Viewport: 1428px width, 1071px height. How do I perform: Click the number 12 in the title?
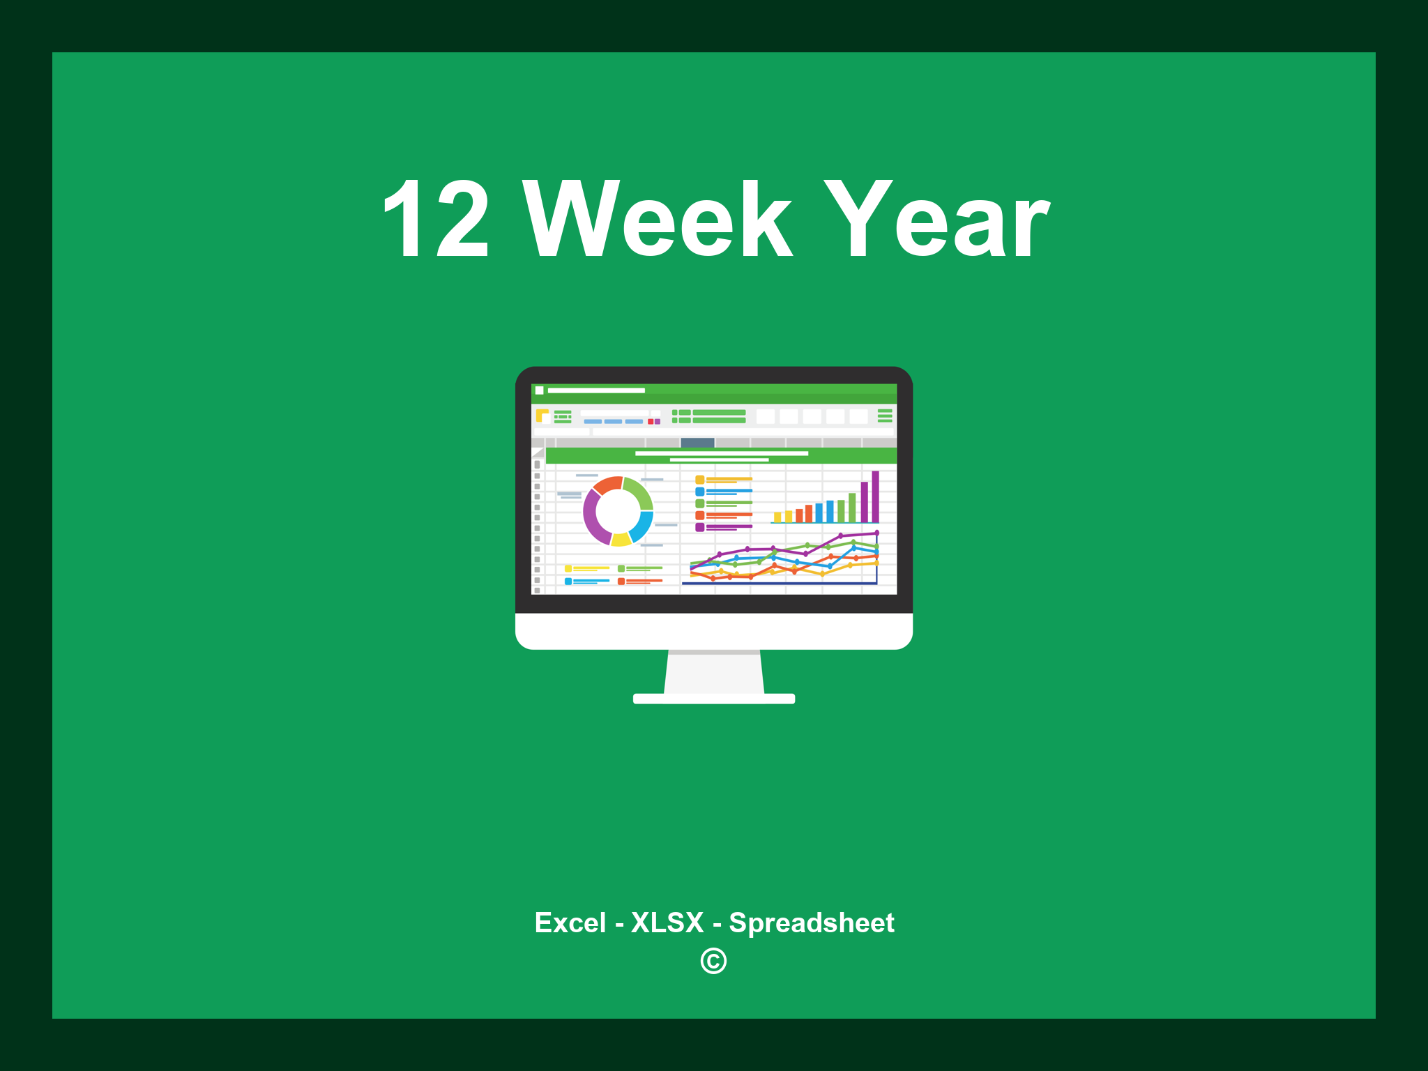(x=436, y=220)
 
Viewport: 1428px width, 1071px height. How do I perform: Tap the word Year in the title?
(x=936, y=220)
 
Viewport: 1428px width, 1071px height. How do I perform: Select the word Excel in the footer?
(x=570, y=922)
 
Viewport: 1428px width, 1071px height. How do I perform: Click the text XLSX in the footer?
(x=667, y=922)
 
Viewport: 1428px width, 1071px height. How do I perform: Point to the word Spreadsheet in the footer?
(x=812, y=922)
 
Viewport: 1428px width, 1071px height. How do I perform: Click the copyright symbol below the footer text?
(x=713, y=961)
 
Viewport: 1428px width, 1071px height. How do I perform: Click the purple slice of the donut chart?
(x=593, y=517)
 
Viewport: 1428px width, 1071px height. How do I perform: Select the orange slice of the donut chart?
(x=607, y=484)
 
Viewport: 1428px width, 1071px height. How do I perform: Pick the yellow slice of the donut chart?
(x=621, y=539)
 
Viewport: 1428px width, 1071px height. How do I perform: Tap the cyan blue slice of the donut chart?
(x=642, y=526)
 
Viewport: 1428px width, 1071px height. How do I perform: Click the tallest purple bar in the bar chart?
(x=875, y=496)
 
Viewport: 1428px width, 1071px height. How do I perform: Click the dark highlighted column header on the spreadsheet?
(x=697, y=442)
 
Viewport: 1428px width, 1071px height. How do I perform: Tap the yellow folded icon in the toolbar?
(x=542, y=416)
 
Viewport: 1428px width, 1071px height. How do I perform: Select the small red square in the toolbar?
(x=651, y=421)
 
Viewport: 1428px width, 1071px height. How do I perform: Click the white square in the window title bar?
(x=539, y=390)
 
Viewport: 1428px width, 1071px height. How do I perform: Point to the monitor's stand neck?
(x=714, y=672)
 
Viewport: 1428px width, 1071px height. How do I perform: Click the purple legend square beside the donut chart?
(x=699, y=527)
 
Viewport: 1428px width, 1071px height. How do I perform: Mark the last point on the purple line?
(x=876, y=533)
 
